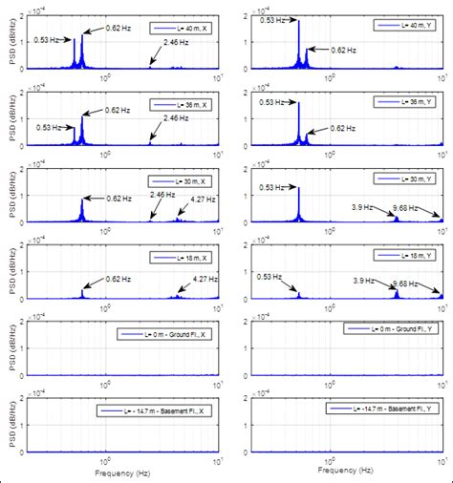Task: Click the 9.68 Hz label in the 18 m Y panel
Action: (x=406, y=283)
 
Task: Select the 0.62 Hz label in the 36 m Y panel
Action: (x=345, y=127)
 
